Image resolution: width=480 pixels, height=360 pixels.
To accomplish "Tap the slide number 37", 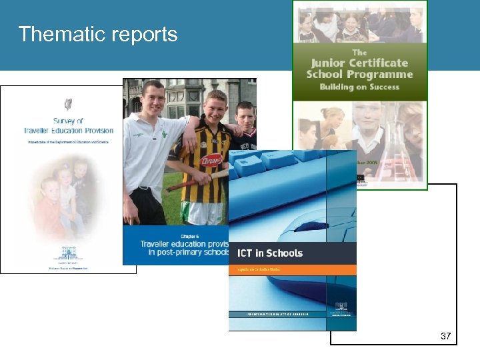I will pos(446,336).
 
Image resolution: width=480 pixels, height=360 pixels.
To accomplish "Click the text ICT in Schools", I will pos(270,253).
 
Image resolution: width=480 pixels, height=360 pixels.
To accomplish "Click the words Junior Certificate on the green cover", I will pos(360,63).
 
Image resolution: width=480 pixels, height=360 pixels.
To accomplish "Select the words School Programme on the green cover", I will pos(360,75).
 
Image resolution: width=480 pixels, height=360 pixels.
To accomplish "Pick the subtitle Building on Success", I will pos(359,87).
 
